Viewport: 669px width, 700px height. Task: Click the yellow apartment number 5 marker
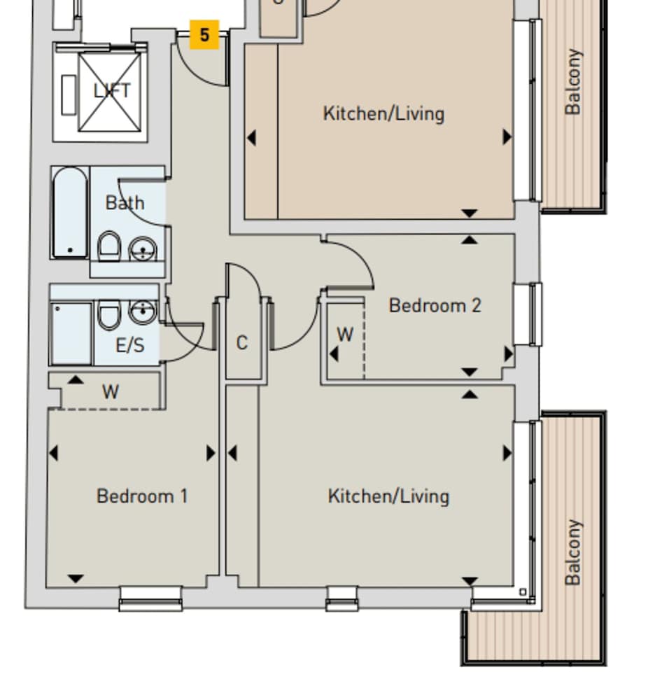pos(204,35)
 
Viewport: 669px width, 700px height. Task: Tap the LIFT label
pos(112,91)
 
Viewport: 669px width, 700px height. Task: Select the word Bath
pos(125,203)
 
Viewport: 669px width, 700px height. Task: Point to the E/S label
pos(129,344)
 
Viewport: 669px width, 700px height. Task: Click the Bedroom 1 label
pos(142,496)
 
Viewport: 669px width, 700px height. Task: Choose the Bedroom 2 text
pos(435,305)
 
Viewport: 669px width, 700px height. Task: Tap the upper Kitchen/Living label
pos(383,113)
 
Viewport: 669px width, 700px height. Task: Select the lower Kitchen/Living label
pos(388,496)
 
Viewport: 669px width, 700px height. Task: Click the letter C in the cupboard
pos(241,343)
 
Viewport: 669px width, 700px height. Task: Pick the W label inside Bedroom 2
pos(345,335)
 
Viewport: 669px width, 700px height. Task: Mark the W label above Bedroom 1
pos(110,392)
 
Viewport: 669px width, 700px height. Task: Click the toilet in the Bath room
pos(108,246)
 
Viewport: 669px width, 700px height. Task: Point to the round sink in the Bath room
pos(144,248)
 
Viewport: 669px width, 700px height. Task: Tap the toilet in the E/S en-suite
pos(108,314)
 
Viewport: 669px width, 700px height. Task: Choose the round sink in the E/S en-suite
pos(143,311)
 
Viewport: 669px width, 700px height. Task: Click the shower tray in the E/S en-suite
pos(71,333)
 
